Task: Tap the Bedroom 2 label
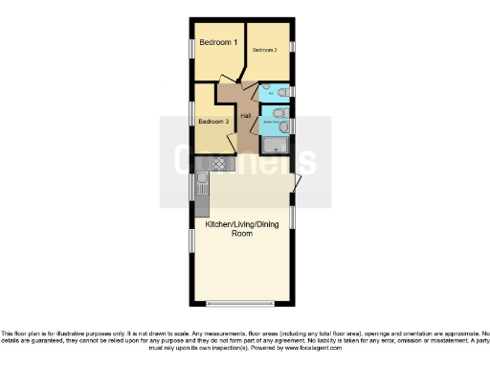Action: (x=264, y=50)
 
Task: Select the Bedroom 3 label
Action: (x=212, y=122)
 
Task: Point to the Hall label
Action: (x=246, y=117)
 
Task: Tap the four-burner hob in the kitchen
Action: (x=218, y=164)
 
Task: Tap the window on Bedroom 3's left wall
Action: (x=192, y=116)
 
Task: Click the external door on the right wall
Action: (x=298, y=182)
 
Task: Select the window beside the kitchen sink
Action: (x=192, y=188)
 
